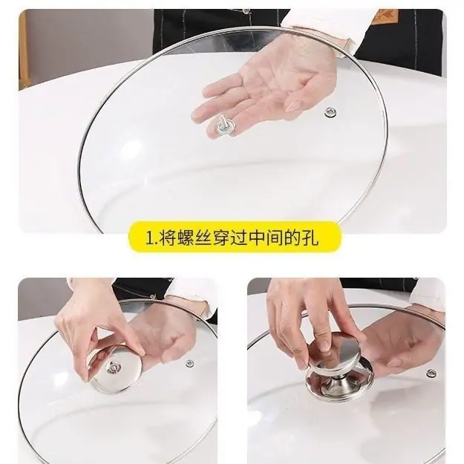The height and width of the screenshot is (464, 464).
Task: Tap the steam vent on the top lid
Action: [x=330, y=112]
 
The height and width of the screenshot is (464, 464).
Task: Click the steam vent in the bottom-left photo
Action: [x=190, y=363]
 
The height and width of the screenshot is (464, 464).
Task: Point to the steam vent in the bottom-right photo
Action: [x=431, y=373]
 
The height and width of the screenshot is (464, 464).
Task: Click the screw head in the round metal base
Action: [x=114, y=368]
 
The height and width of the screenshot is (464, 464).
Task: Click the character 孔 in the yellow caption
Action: [x=310, y=238]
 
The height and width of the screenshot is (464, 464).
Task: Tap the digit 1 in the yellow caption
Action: [x=148, y=238]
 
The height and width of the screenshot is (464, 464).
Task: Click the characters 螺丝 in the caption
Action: [x=186, y=238]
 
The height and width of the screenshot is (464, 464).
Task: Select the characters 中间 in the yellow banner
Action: [x=265, y=238]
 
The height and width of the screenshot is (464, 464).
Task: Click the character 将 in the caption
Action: [x=168, y=238]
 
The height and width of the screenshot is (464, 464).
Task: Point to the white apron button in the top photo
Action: [x=245, y=12]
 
